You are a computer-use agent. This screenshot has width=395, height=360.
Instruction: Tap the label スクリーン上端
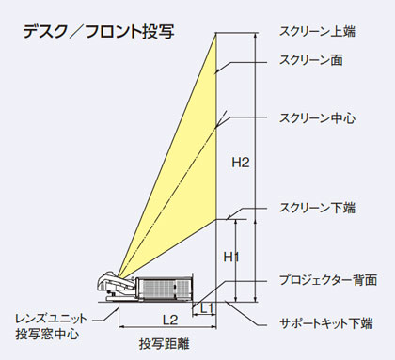[x=324, y=29]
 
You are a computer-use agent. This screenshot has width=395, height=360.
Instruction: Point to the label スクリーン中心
[x=323, y=118]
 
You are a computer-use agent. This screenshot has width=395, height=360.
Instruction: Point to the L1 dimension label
[x=205, y=307]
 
